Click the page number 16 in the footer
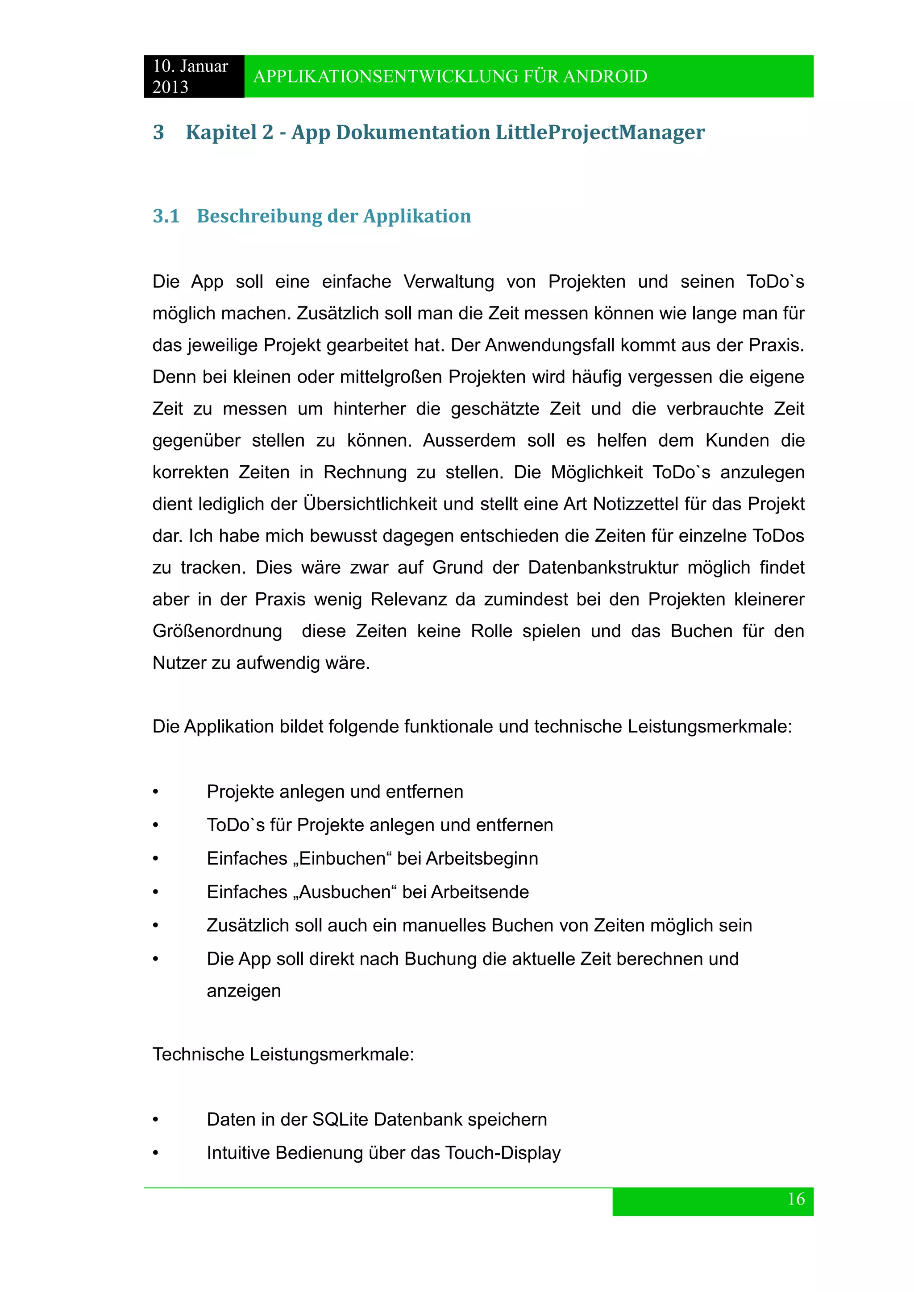(796, 1199)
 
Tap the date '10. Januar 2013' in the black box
(190, 77)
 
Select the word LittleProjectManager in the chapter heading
(599, 133)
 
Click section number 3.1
(166, 216)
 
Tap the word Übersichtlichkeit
(370, 504)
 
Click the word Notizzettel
(636, 504)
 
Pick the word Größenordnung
(217, 631)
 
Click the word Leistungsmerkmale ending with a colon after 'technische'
(709, 726)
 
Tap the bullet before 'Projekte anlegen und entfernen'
(156, 792)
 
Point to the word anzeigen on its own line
(243, 990)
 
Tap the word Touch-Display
(503, 1152)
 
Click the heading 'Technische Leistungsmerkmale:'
(283, 1054)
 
